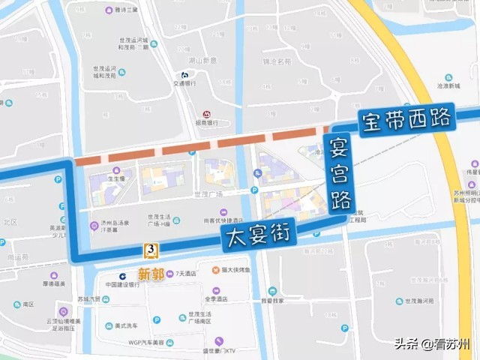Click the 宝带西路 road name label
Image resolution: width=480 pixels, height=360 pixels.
pos(406,121)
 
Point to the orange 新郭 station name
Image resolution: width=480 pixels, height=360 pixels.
pos(151,274)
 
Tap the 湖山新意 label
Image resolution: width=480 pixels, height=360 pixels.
pos(202,60)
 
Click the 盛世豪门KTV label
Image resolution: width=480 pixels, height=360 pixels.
pos(217,350)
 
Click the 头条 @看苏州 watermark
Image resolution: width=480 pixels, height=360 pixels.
pos(433,344)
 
